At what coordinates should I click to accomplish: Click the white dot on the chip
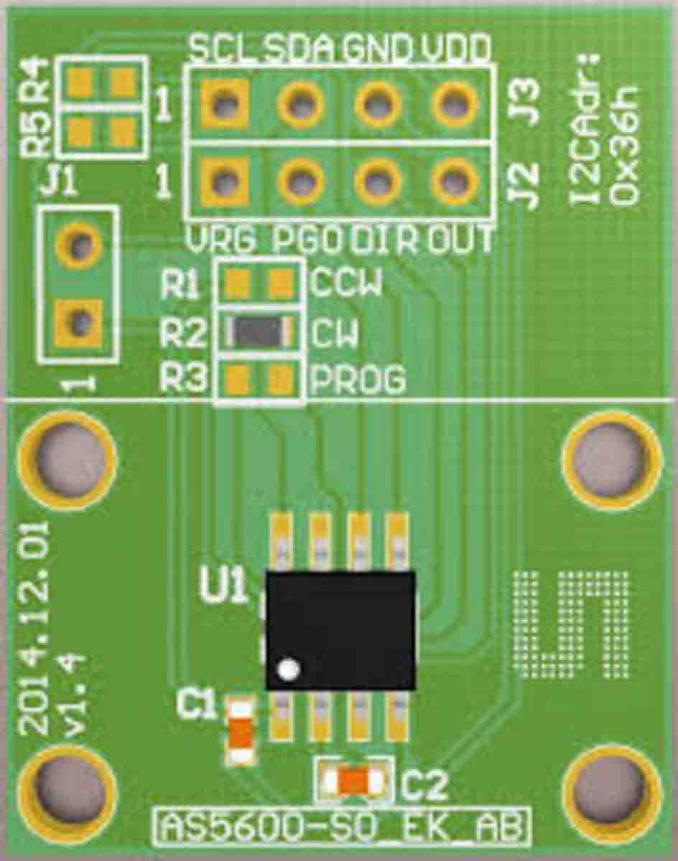[x=289, y=669]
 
